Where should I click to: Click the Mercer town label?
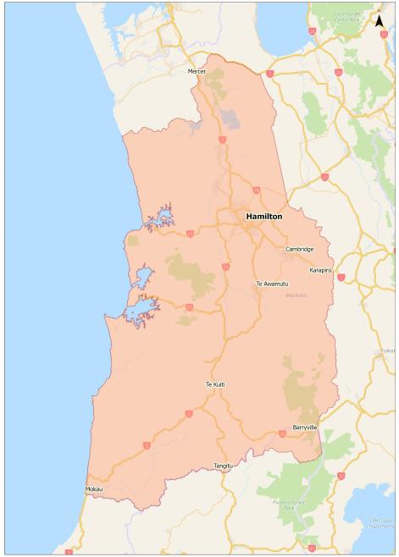coord(197,71)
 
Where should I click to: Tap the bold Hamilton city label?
coord(263,217)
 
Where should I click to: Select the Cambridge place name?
coord(299,249)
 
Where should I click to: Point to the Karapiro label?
coord(320,270)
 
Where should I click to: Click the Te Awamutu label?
coord(272,284)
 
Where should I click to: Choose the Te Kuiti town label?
coord(215,384)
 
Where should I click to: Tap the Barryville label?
coord(305,428)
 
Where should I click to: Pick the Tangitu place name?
coord(223,466)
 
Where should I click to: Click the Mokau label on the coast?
coord(93,489)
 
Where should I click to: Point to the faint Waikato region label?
coord(296,295)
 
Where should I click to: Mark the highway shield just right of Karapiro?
coord(341,277)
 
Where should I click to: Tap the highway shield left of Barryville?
coord(282,433)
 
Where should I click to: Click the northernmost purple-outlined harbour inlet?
coord(159,219)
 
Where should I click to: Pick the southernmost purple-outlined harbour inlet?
coord(141,313)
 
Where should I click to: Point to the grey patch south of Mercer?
coord(230,119)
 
